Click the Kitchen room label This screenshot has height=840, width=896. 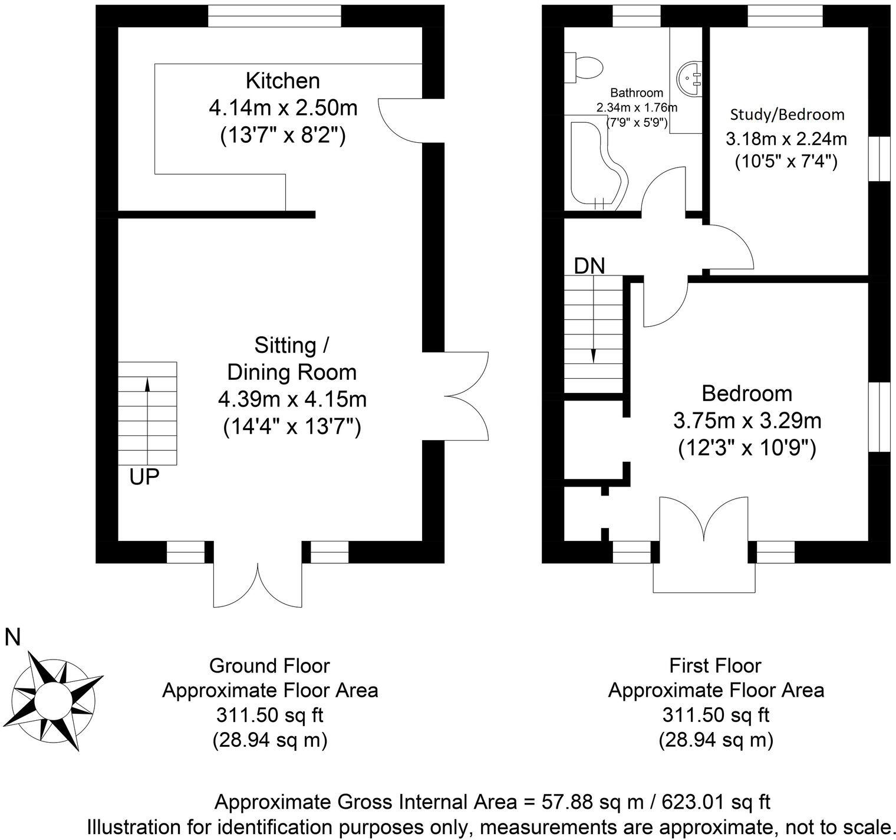pyautogui.click(x=282, y=80)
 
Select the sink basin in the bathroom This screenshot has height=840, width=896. pyautogui.click(x=690, y=77)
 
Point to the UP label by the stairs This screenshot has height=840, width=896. pyautogui.click(x=144, y=477)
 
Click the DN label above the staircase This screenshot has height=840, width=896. pyautogui.click(x=589, y=266)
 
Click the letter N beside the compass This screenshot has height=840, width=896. pyautogui.click(x=12, y=637)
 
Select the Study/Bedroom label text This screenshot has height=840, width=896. pyautogui.click(x=787, y=114)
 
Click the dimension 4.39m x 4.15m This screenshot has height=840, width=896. pyautogui.click(x=292, y=399)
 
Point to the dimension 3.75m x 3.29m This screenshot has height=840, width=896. pyautogui.click(x=747, y=421)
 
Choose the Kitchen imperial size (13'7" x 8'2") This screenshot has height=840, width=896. pyautogui.click(x=282, y=136)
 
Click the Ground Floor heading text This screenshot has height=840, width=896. pyautogui.click(x=269, y=666)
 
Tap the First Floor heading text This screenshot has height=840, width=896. pyautogui.click(x=715, y=666)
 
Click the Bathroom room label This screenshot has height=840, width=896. pyautogui.click(x=636, y=93)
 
